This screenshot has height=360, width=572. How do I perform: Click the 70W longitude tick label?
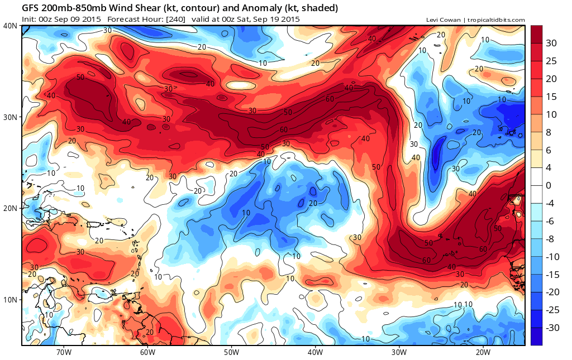[64, 352]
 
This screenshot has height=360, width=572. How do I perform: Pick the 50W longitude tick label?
[231, 352]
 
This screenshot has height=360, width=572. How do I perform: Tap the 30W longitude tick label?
[399, 352]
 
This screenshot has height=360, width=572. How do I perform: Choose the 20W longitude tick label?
[483, 352]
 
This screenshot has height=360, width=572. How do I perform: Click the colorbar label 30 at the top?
[551, 44]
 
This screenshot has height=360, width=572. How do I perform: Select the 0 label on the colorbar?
[549, 185]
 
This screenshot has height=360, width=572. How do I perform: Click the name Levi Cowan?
[443, 20]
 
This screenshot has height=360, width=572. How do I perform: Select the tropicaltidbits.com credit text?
[496, 20]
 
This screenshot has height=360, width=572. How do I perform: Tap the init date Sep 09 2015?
[78, 20]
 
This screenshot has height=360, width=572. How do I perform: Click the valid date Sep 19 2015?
[277, 20]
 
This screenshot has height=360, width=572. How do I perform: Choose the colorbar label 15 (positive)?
[551, 97]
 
